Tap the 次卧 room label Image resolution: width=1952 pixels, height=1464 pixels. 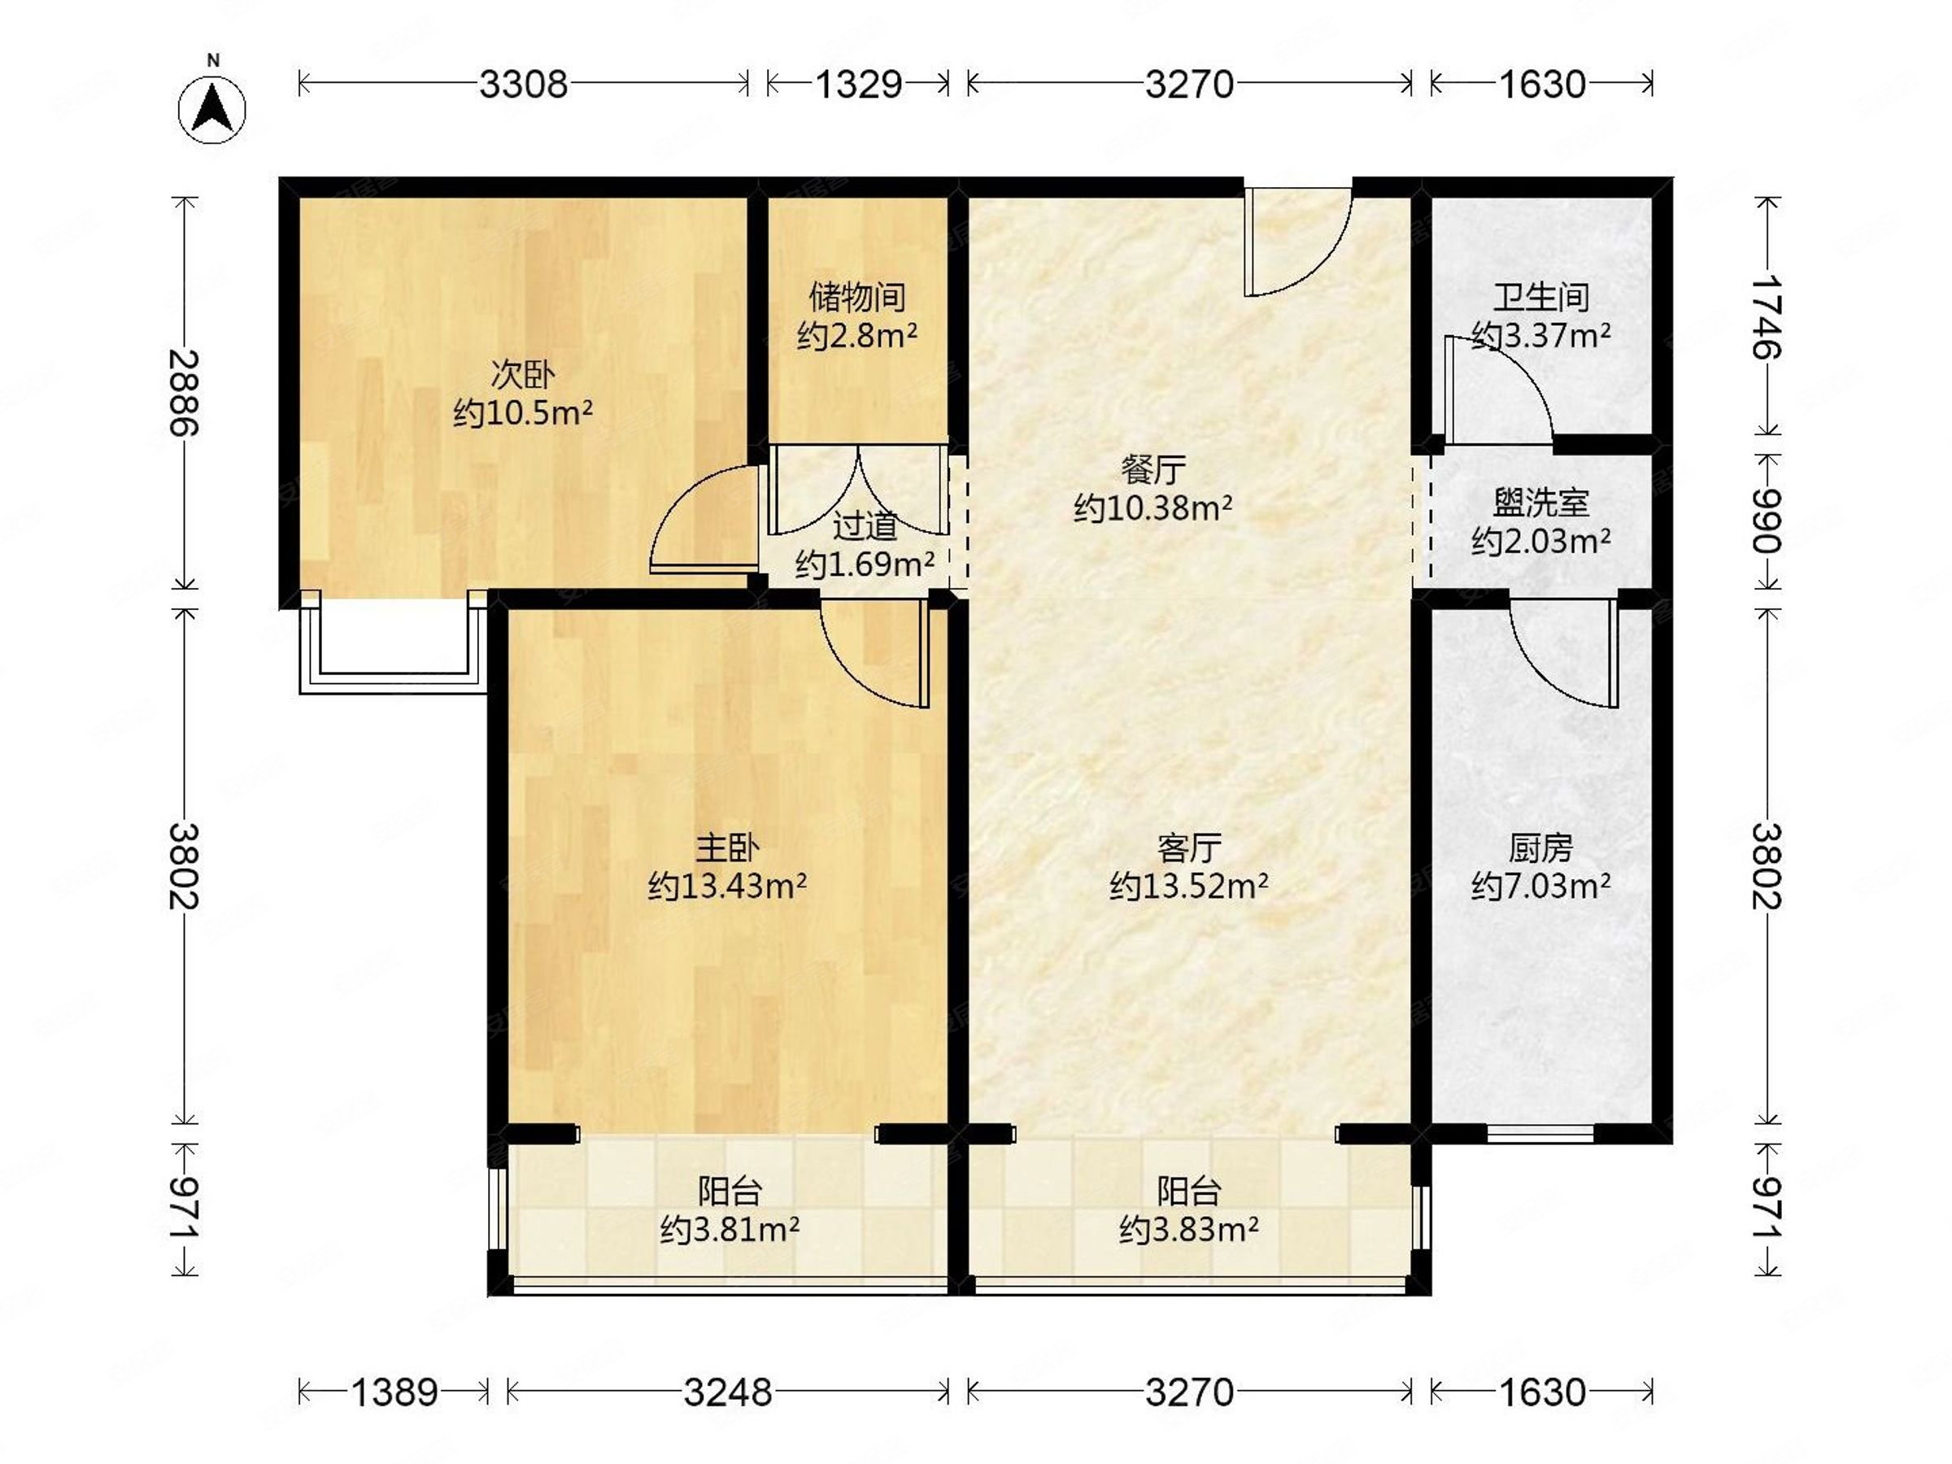pyautogui.click(x=522, y=375)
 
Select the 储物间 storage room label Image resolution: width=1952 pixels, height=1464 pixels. pyautogui.click(x=857, y=298)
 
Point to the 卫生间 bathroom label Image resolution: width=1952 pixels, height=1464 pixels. pyautogui.click(x=1540, y=298)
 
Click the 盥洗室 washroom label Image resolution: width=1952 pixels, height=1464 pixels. pyautogui.click(x=1540, y=503)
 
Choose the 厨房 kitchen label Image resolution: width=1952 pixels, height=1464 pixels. pyautogui.click(x=1540, y=848)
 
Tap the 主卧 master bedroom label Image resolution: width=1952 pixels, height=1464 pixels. pyautogui.click(x=727, y=848)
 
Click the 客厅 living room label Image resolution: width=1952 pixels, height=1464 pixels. pyautogui.click(x=1188, y=848)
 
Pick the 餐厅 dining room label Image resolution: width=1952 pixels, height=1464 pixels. pyautogui.click(x=1152, y=469)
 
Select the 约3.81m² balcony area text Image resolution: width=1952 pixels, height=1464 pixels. pyautogui.click(x=730, y=1229)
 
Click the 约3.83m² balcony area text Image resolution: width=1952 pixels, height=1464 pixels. pyautogui.click(x=1188, y=1229)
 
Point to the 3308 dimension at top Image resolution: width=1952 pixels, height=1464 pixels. pyautogui.click(x=523, y=85)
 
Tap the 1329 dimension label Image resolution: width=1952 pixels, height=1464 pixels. pyautogui.click(x=858, y=85)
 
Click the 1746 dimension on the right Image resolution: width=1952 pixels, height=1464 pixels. pyautogui.click(x=1767, y=317)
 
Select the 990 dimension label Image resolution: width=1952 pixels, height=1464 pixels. pyautogui.click(x=1767, y=521)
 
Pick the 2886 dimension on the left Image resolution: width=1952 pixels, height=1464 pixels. pyautogui.click(x=185, y=393)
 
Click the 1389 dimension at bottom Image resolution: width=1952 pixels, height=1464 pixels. pyautogui.click(x=394, y=1392)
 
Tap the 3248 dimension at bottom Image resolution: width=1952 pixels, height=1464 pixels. pyautogui.click(x=728, y=1392)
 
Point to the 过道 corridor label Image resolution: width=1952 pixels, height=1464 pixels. pyautogui.click(x=865, y=527)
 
